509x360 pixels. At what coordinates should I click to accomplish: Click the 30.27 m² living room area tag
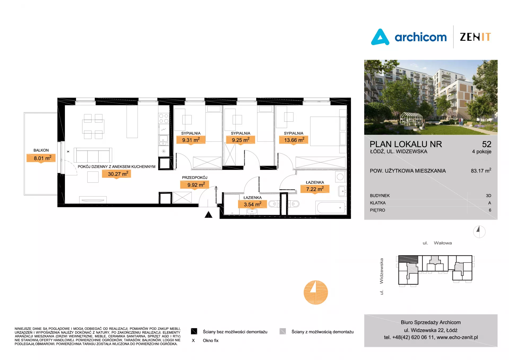point(116,174)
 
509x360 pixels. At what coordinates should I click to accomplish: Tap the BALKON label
point(41,150)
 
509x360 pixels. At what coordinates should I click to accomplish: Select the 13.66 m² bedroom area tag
point(294,140)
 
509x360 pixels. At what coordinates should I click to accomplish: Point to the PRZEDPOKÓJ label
point(195,178)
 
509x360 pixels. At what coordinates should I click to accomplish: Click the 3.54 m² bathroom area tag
point(252,204)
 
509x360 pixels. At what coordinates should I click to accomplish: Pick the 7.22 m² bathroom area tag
point(315,189)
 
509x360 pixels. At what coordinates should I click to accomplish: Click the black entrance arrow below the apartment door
point(209,214)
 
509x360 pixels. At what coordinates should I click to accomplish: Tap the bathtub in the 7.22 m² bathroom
point(331,208)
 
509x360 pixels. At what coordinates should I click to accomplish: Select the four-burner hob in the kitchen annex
point(164,118)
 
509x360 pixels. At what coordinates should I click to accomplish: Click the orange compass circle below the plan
point(316,292)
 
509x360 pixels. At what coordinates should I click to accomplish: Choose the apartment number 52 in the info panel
point(487,144)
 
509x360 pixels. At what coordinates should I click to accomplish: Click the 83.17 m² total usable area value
point(481,171)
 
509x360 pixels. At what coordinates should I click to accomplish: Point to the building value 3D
point(488,196)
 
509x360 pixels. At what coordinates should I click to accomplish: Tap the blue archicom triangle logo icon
point(380,37)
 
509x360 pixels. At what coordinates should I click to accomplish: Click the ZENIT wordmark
point(475,37)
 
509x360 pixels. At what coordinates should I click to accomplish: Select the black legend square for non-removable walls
point(194,331)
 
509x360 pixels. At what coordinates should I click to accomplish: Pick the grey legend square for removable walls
point(283,331)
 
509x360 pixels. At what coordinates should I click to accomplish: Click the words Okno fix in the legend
point(210,341)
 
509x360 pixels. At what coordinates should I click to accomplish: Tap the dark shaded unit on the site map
point(408,259)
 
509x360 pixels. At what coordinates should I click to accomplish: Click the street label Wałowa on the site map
point(443,243)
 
